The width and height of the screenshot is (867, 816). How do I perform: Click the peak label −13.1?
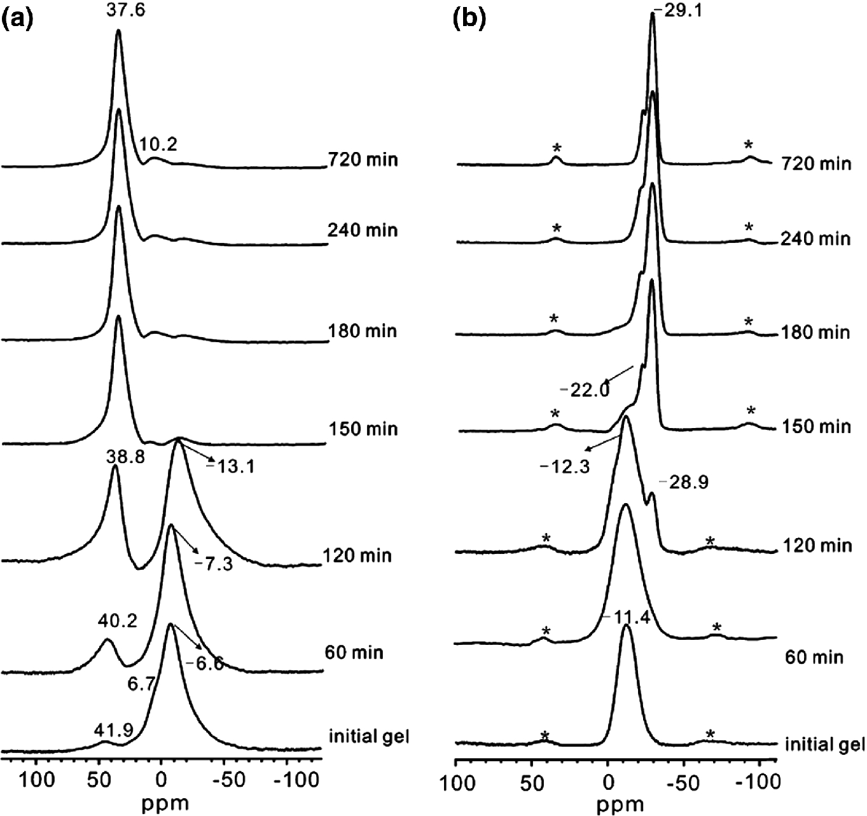tap(221, 467)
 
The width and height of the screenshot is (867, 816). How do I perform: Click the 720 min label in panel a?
tap(363, 159)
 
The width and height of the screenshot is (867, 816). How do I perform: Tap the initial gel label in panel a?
tap(368, 737)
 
